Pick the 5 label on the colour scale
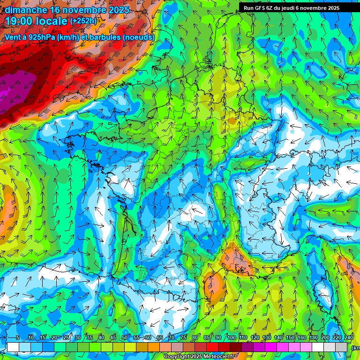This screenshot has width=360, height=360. tap(18, 337)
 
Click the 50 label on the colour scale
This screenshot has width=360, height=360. tap(125, 337)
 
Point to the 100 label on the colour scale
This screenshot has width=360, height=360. tap(231, 337)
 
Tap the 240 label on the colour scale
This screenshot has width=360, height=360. tap(349, 337)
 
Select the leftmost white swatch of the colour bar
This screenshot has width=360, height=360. tap(13, 347)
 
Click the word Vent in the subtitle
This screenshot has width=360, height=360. tap(13, 37)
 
